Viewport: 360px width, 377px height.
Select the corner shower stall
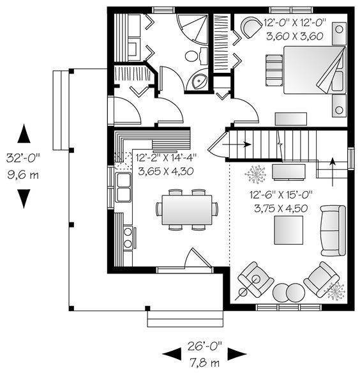pos(192,29)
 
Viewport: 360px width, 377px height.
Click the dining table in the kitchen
pos(187,210)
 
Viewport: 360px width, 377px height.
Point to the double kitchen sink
pos(123,187)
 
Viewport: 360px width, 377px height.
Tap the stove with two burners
pos(128,238)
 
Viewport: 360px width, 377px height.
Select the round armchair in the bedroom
pos(251,27)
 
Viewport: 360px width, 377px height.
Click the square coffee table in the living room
pos(289,230)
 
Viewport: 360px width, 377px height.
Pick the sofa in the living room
pos(333,230)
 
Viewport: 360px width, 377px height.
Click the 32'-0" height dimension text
pos(23,158)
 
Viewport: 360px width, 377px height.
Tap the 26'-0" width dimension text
pos(205,346)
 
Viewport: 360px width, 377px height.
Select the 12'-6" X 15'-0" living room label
pos(281,201)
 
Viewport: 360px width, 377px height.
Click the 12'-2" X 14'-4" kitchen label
pos(166,164)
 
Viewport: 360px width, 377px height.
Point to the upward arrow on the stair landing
pos(333,172)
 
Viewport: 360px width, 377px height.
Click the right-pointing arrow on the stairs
pos(237,144)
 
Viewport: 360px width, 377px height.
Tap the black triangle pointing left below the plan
pos(172,354)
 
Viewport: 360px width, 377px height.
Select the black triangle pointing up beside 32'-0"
pos(24,134)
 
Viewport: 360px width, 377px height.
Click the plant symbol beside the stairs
pos(255,174)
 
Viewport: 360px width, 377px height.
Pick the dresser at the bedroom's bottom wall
pos(291,119)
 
